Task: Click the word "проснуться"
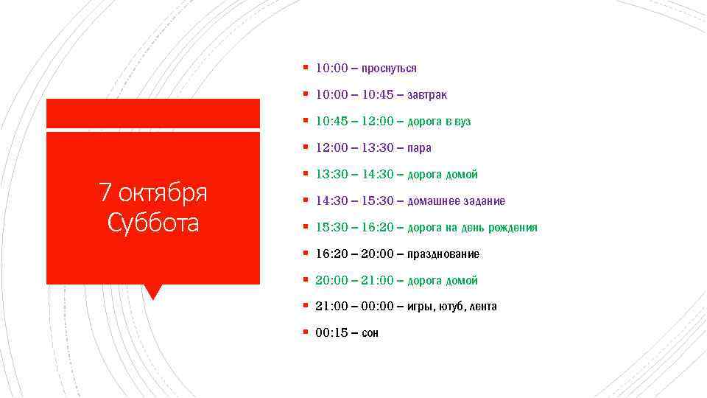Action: pos(389,69)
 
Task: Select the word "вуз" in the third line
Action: pos(462,122)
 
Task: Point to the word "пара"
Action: pos(419,148)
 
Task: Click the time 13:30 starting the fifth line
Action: pos(331,175)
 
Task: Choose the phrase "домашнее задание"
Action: pos(456,201)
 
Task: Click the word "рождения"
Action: pos(513,228)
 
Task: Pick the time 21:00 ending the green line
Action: pos(378,281)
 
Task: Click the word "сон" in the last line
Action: pos(370,333)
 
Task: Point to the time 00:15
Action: pos(331,333)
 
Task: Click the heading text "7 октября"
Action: pos(153,193)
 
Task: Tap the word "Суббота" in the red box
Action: pos(153,222)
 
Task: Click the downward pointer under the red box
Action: pos(152,291)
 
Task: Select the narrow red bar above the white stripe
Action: pos(153,113)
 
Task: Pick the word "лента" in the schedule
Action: pos(483,307)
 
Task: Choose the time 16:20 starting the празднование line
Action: pos(331,254)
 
